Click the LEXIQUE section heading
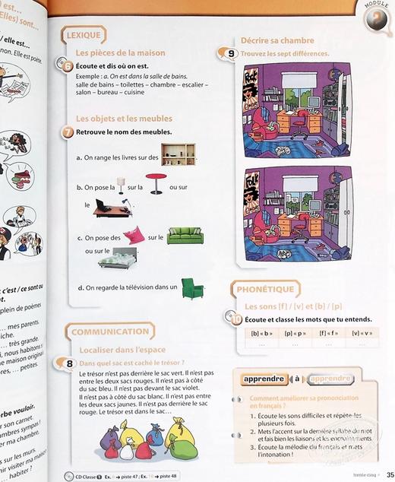(x=84, y=36)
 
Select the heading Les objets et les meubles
(x=124, y=119)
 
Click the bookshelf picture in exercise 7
(x=179, y=154)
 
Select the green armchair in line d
(x=193, y=288)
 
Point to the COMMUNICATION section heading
(x=111, y=331)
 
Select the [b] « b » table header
(x=261, y=332)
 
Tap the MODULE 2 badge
(x=374, y=16)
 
